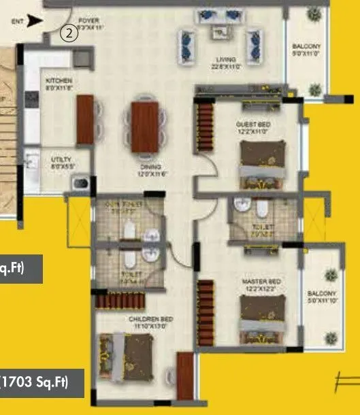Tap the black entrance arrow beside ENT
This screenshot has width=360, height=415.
pyautogui.click(x=36, y=21)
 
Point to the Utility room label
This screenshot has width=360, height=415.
pyautogui.click(x=61, y=161)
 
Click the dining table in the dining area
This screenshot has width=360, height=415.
pyautogui.click(x=144, y=127)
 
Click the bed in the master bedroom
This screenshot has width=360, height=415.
pyautogui.click(x=259, y=320)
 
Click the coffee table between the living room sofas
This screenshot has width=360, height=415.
pyautogui.click(x=220, y=31)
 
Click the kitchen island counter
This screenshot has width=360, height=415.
pyautogui.click(x=85, y=119)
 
